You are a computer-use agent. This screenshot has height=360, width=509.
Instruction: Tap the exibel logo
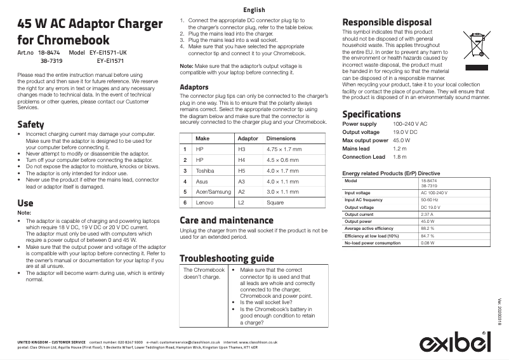[x=455, y=343]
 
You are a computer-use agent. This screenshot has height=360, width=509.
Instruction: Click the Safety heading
[x=30, y=124]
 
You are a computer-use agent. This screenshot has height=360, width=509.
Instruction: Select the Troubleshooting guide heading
[x=227, y=258]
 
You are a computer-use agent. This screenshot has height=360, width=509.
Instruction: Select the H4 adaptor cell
[x=241, y=159]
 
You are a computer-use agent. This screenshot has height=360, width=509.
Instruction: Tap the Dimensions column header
[x=281, y=138]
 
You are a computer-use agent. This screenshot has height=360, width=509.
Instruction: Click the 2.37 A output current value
[x=426, y=215]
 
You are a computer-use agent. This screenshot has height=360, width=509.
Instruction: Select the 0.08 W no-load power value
[x=428, y=243]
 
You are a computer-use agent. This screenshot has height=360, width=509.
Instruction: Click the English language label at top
[x=254, y=10]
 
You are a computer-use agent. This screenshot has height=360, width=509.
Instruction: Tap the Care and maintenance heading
[x=227, y=220]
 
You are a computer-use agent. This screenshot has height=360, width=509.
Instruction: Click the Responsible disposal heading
[x=387, y=22]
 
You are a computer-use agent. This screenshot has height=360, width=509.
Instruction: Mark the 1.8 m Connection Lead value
[x=400, y=157]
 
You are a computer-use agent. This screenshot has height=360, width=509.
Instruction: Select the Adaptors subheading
[x=194, y=86]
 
